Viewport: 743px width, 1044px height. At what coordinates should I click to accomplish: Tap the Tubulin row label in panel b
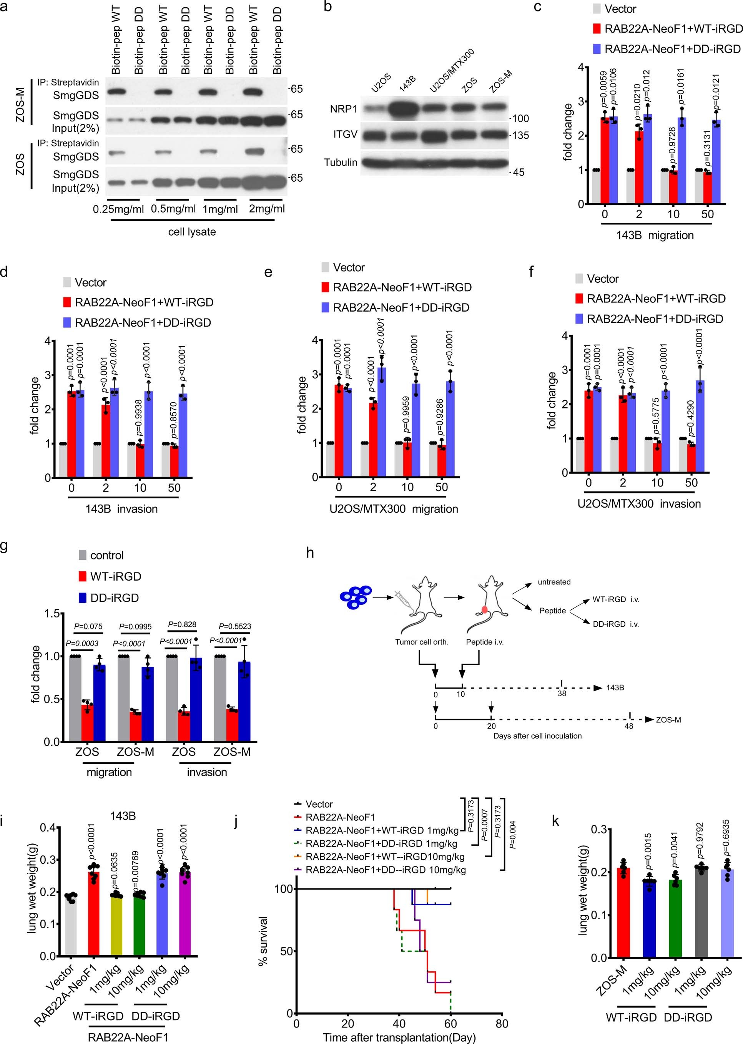(341, 162)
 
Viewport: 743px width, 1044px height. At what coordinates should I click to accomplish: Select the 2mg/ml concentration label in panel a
(267, 209)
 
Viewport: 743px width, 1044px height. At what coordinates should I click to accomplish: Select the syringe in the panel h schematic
(406, 599)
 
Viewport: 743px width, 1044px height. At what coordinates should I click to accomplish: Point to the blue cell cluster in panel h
(356, 597)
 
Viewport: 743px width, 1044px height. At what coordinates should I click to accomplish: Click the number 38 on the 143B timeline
(562, 693)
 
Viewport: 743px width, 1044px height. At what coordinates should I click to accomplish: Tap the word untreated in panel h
(554, 582)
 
